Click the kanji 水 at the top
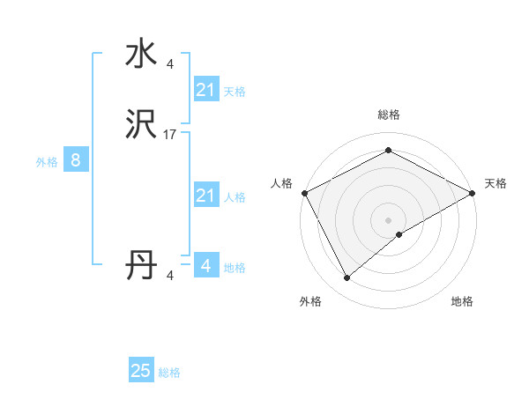point(141,54)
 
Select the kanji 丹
point(141,265)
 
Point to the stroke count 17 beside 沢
point(170,135)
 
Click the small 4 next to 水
point(169,63)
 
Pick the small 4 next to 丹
point(169,276)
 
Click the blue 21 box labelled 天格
point(205,89)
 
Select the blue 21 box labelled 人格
point(205,196)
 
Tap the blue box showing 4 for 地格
point(205,265)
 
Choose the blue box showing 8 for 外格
point(76,160)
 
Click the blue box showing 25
point(141,371)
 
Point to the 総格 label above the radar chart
point(388,115)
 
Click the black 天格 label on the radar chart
point(495,183)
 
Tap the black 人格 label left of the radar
point(281,183)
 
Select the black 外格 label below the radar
point(310,302)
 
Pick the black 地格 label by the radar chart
point(462,302)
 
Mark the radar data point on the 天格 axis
point(473,193)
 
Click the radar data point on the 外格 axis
point(346,278)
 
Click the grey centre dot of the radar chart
point(388,220)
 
